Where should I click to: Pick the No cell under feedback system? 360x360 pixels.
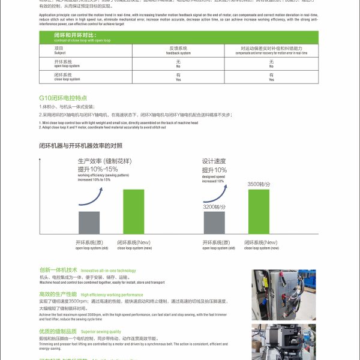click(x=178, y=63)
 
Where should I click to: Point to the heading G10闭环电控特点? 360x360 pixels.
click(x=63, y=97)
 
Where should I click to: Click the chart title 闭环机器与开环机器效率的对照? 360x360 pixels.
click(x=80, y=145)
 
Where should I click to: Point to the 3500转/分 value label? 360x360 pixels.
click(x=259, y=184)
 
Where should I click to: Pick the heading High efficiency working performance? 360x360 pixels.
click(x=112, y=295)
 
